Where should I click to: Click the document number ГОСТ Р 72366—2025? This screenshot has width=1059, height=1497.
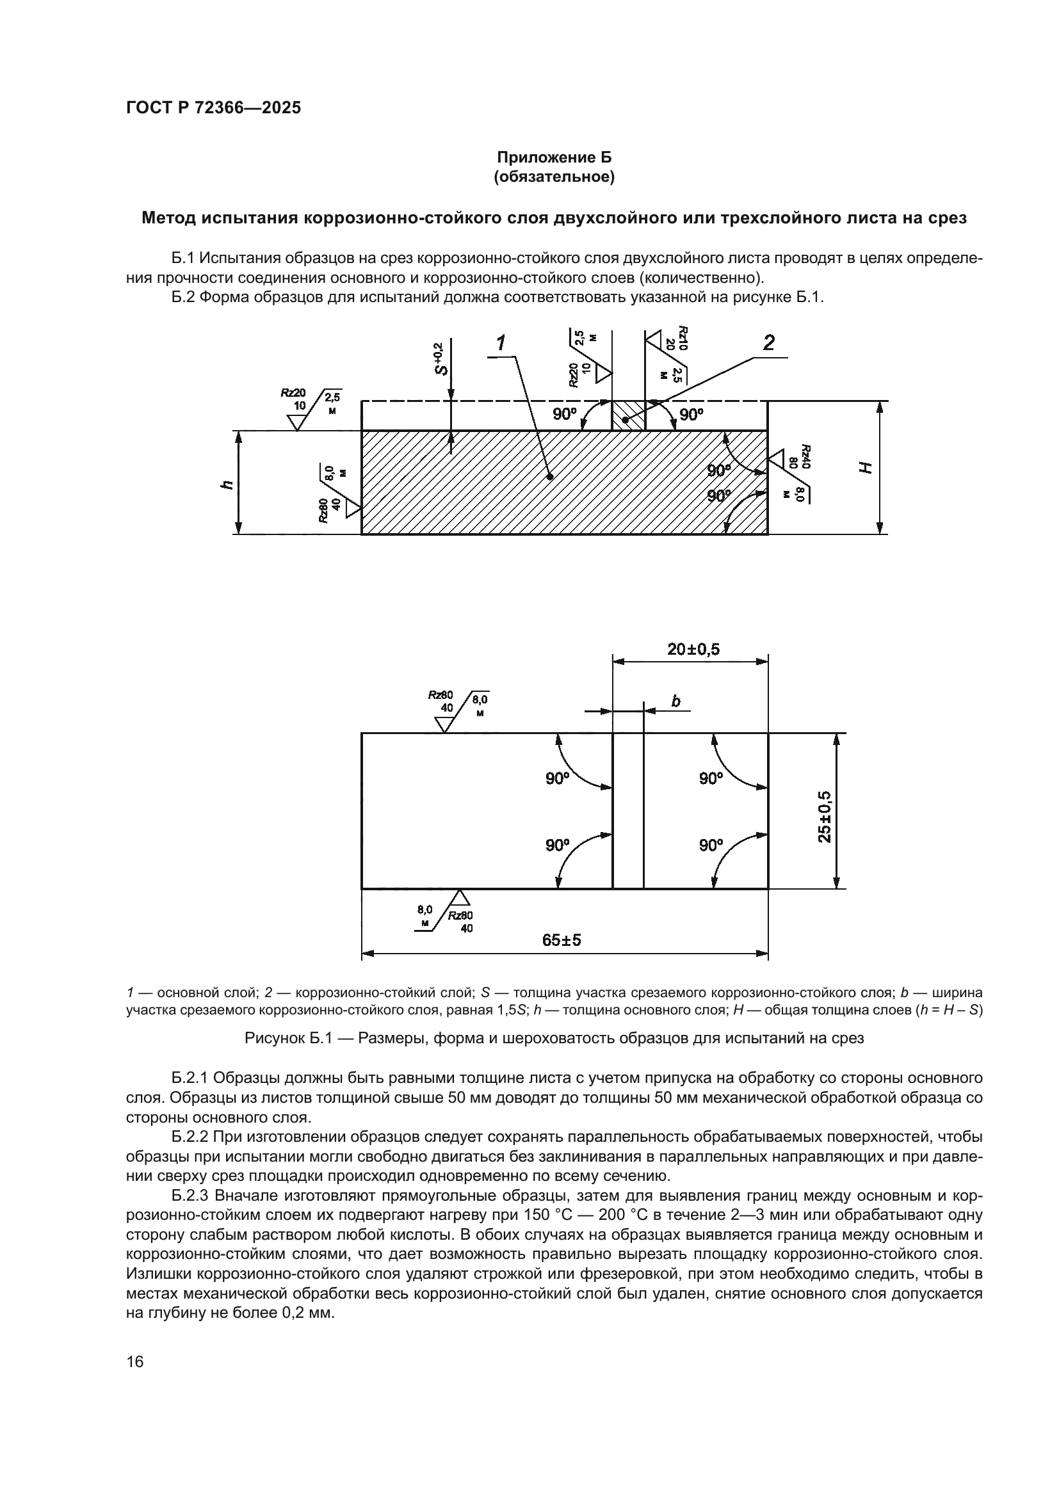213,108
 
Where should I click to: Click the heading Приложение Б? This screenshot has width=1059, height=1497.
554,157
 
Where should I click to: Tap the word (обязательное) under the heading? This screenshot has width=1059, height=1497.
554,177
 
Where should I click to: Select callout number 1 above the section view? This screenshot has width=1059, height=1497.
501,343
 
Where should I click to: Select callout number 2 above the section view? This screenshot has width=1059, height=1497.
769,343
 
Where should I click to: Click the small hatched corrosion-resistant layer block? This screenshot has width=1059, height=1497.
628,416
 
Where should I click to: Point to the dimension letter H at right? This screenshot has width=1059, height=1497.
864,467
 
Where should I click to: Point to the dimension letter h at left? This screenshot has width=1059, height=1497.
226,484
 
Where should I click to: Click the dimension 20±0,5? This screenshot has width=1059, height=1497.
693,649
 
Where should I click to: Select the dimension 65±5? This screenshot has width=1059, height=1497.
562,940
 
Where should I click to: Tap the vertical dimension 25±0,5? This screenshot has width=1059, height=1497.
824,816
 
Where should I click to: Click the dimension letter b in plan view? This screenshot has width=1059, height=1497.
675,701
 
